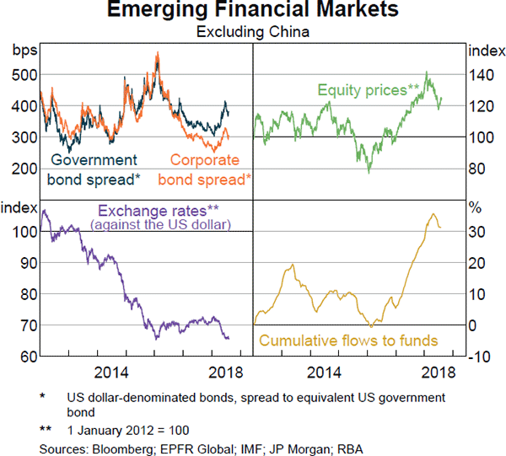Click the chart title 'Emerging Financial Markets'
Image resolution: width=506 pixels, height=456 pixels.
pos(253,12)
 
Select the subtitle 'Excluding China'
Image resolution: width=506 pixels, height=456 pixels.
pos(253,33)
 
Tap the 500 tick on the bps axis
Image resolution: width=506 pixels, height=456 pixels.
pos(24,74)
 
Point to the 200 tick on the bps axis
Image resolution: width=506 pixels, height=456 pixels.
pos(24,169)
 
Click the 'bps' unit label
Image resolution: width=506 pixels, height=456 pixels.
pos(23,50)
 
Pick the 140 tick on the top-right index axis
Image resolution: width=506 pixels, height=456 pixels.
pos(482,74)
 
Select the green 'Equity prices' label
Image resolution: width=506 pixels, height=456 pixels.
pos(368,89)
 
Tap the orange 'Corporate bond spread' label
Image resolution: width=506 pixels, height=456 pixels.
pos(205,169)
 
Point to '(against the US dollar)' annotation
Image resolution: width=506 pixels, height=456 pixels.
pos(160,224)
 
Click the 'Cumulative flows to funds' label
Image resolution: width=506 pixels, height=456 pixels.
pos(348,341)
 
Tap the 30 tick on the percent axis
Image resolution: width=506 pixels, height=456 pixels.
pos(477,231)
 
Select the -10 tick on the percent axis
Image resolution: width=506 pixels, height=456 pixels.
pos(481,357)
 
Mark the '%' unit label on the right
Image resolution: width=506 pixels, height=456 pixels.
pos(475,207)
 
